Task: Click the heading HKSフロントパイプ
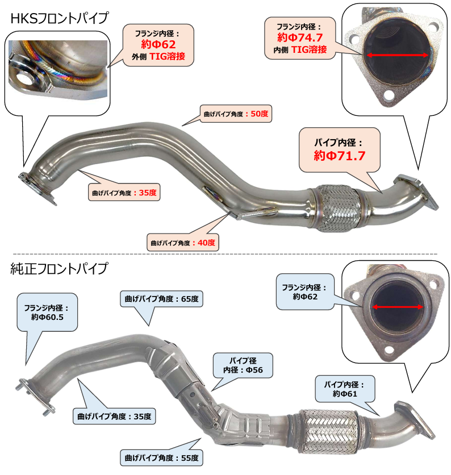pos(59,18)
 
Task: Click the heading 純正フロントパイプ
pos(59,268)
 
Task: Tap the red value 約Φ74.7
pos(300,37)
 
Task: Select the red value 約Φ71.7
pos(339,156)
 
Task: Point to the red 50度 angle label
pos(260,114)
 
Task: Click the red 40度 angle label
pos(206,243)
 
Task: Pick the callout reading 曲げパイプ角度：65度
pos(161,299)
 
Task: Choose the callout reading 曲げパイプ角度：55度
pos(161,458)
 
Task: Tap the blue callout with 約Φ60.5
pos(47,312)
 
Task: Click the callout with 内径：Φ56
pos(243,365)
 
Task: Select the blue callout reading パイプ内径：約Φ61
pos(345,389)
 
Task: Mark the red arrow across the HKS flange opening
pos(398,55)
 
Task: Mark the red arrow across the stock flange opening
pos(398,307)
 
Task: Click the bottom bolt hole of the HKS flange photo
pos(388,96)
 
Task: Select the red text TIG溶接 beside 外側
pos(167,56)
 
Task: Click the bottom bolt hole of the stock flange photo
pos(389,351)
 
